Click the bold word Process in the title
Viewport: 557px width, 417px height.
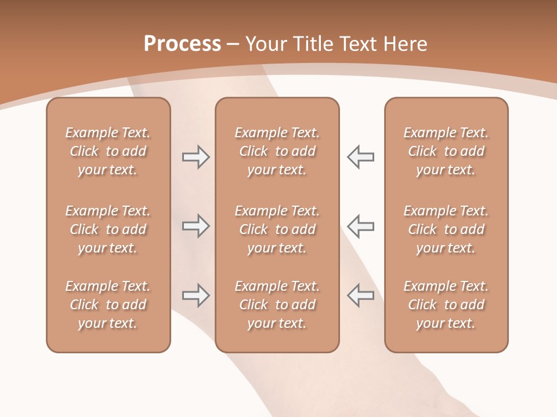[182, 44]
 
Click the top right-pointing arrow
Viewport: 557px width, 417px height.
[196, 157]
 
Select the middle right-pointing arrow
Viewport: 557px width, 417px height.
[196, 226]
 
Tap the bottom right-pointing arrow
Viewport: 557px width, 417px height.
[196, 295]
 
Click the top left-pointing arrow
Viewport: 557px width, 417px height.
[361, 157]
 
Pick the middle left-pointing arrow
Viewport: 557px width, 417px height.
[361, 226]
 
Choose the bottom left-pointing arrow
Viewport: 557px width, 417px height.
[361, 295]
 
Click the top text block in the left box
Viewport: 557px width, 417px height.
[108, 151]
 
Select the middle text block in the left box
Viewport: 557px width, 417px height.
[108, 229]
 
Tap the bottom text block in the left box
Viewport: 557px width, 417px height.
[108, 305]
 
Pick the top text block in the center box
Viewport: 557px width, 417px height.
[277, 151]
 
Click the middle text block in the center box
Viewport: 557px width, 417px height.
[277, 229]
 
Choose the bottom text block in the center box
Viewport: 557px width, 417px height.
[277, 305]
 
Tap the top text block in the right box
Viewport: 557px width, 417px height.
[446, 151]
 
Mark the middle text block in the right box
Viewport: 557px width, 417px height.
[446, 229]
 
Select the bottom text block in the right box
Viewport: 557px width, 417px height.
[446, 305]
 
